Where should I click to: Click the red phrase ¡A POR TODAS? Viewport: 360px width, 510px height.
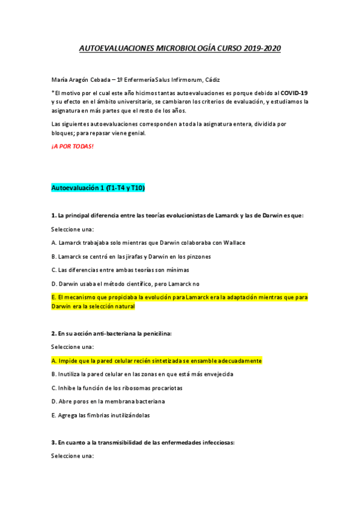coord(73,146)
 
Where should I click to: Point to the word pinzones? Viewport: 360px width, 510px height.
coord(197,256)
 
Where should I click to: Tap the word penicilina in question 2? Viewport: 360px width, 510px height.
coord(153,333)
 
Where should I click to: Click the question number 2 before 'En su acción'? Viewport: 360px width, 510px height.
coord(53,333)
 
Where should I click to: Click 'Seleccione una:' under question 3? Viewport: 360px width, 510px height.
coord(73,456)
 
